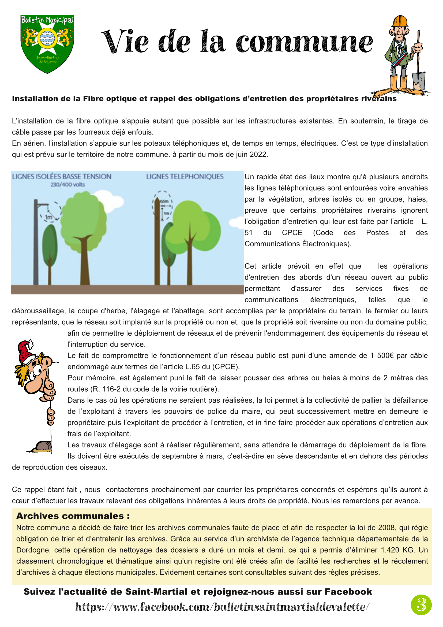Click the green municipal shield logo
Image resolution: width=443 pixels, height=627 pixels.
coord(47,44)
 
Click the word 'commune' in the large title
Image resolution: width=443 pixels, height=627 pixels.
coord(304,42)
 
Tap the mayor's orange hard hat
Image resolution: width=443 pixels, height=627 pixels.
coord(400,21)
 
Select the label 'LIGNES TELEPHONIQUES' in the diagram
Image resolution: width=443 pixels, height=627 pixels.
coord(185,177)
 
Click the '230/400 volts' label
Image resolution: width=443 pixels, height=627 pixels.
coord(68,185)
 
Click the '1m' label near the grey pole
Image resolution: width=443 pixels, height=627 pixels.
coord(48,217)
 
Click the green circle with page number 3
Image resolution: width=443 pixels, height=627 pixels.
coord(421,605)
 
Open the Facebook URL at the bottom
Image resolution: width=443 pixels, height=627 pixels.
coord(222,607)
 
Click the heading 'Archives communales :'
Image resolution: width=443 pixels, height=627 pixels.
coord(73,516)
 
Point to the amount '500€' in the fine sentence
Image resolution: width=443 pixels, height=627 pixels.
coord(386,355)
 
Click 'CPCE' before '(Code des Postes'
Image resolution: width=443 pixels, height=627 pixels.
coord(292,233)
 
